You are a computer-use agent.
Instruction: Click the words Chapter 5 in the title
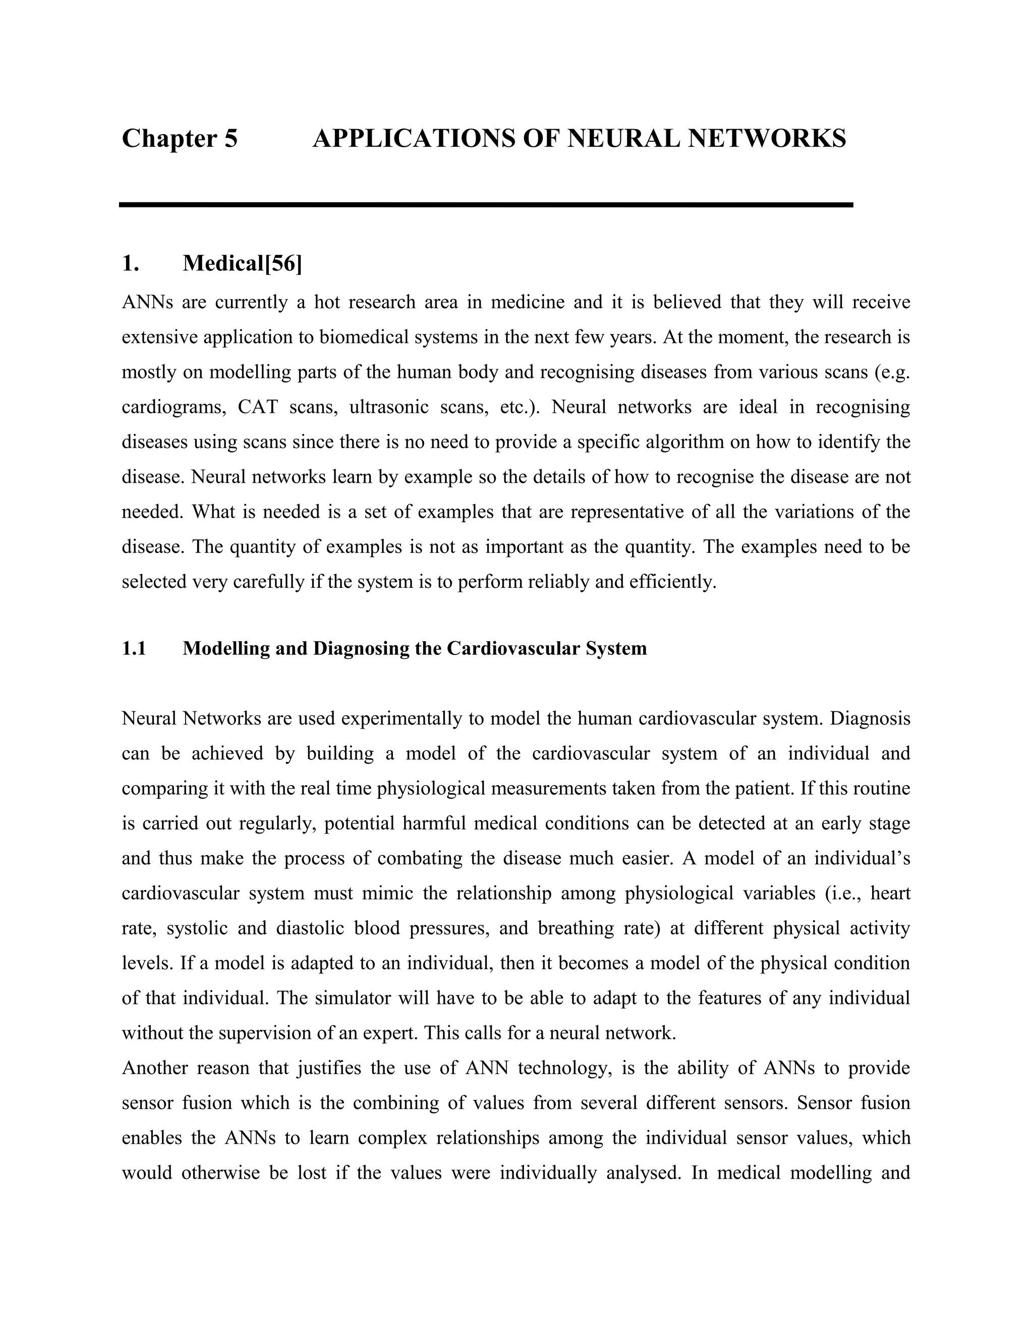[x=179, y=138]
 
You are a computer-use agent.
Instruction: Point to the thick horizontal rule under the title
[x=485, y=204]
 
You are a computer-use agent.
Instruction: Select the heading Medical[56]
[x=242, y=263]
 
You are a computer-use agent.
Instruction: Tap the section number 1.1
[x=134, y=648]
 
